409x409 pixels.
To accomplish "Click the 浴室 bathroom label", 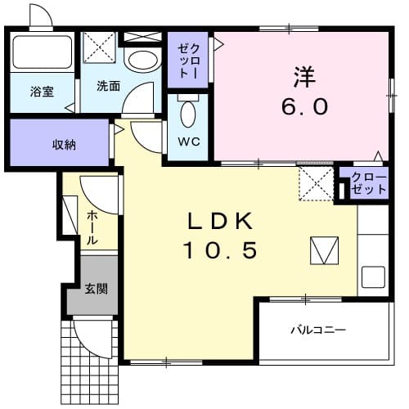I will (x=43, y=92).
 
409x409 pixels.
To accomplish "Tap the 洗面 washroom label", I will (x=108, y=86).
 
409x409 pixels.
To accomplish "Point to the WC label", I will (x=188, y=138).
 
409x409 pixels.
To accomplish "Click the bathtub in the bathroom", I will (x=43, y=52).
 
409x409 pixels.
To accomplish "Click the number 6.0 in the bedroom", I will (x=306, y=106).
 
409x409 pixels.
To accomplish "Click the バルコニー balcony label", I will (x=318, y=330).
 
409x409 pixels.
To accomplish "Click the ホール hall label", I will (x=92, y=228).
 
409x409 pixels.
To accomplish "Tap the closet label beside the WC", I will (x=187, y=59).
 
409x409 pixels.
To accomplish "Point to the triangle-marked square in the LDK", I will (x=324, y=250).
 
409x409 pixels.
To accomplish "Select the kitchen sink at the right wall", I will (x=374, y=277).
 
